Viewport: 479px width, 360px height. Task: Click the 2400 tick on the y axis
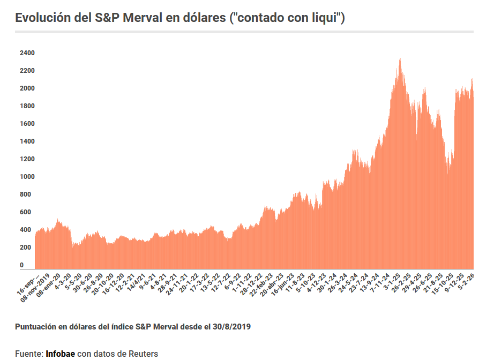27,53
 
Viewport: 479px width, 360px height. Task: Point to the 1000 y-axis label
27,177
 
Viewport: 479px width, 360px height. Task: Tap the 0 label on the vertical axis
22,265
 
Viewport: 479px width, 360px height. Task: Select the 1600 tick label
27,124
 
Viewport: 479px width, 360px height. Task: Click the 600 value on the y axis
25,212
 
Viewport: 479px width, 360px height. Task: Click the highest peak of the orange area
400,59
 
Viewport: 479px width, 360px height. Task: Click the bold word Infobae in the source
61,354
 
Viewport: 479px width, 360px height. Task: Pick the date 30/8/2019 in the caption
231,326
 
